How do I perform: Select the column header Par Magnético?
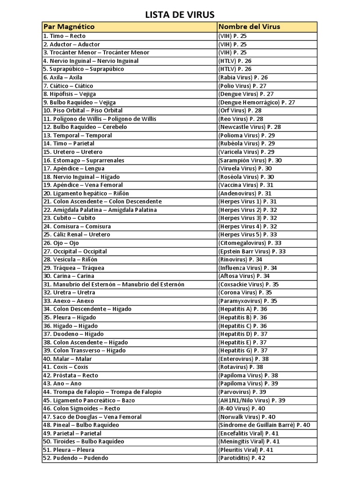tap(69, 27)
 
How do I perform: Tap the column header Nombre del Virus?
tap(249, 27)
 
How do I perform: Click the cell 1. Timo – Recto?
tap(64, 36)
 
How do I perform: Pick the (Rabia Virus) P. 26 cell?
tap(243, 77)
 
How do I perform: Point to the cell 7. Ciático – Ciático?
tap(68, 86)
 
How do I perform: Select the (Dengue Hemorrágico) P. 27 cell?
tap(256, 102)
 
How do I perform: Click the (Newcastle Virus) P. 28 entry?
tap(249, 127)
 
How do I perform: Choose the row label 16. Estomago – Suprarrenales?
tap(83, 160)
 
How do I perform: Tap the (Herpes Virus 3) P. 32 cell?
tap(247, 218)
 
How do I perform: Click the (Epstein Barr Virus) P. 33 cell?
tap(252, 251)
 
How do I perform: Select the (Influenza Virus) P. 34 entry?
tap(247, 268)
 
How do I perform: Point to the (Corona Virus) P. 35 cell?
tap(245, 292)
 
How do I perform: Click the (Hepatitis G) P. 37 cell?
tap(243, 351)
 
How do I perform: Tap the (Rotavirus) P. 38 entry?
tap(240, 367)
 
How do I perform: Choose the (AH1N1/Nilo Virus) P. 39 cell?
tap(252, 400)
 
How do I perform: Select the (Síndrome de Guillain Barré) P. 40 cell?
tap(264, 425)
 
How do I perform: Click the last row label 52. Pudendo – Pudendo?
tap(75, 458)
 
